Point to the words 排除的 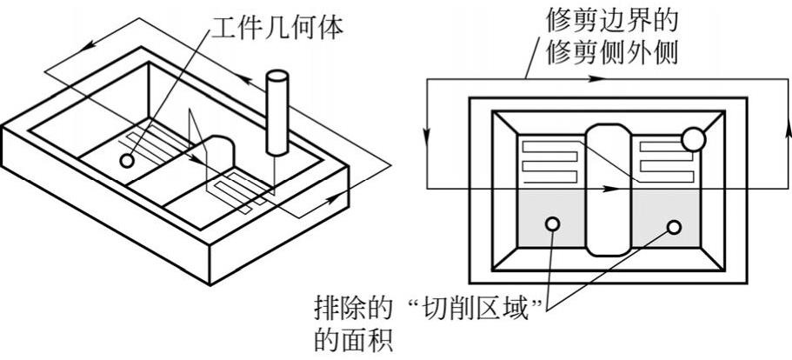click(344, 309)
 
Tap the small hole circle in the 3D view click(128, 161)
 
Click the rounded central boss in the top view click(608, 187)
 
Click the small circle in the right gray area click(674, 226)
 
